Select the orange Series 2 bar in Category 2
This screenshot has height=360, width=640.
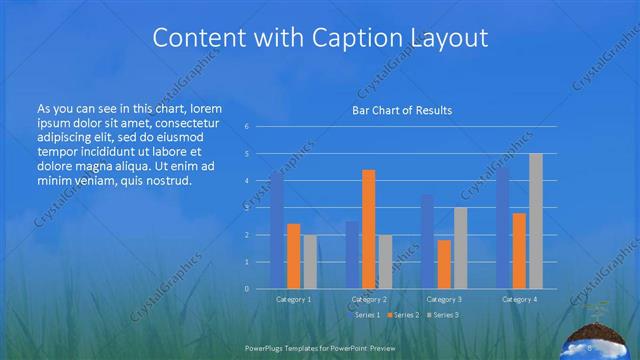(369, 229)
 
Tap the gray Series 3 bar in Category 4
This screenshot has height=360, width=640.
(536, 221)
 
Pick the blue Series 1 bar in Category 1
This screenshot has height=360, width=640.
(277, 230)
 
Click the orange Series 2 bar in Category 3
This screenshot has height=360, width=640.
(444, 264)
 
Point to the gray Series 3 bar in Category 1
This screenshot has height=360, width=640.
(310, 261)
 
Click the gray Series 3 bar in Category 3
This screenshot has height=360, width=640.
(460, 248)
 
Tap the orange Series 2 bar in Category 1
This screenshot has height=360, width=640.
(293, 256)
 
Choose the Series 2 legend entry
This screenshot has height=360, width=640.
(404, 315)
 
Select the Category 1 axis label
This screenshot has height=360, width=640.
(293, 299)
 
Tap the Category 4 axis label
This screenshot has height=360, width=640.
(519, 299)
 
